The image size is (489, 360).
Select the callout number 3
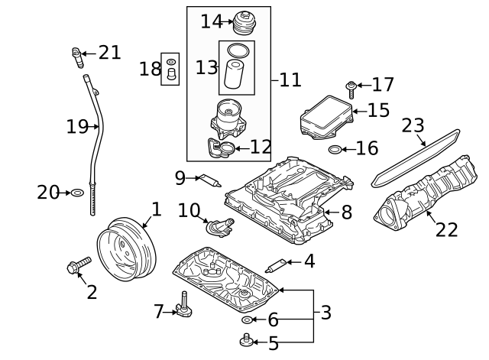click(325, 312)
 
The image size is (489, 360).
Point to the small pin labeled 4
click(275, 265)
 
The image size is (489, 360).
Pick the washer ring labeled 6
click(247, 319)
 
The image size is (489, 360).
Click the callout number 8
click(346, 212)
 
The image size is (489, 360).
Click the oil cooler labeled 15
click(329, 116)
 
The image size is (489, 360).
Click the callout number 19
click(77, 127)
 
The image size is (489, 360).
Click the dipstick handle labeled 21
click(77, 55)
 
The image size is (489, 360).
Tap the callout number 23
click(413, 125)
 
